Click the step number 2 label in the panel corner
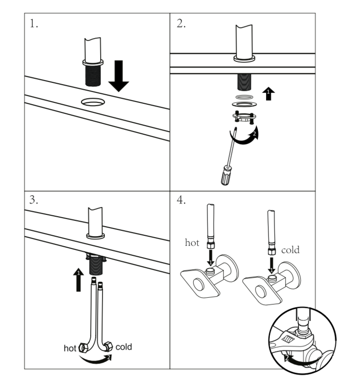(181, 24)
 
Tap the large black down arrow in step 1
(118, 74)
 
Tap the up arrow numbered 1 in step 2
(269, 93)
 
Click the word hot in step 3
(70, 348)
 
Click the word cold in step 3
(123, 347)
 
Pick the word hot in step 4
(192, 242)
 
